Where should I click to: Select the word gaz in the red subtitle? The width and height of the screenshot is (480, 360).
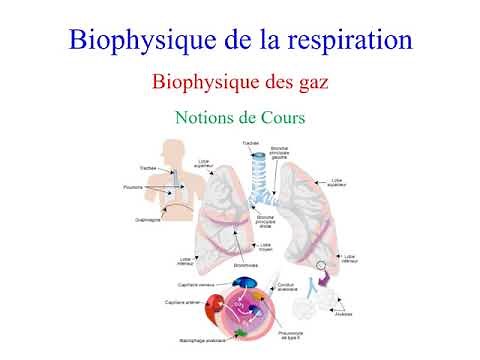[x=310, y=82]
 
